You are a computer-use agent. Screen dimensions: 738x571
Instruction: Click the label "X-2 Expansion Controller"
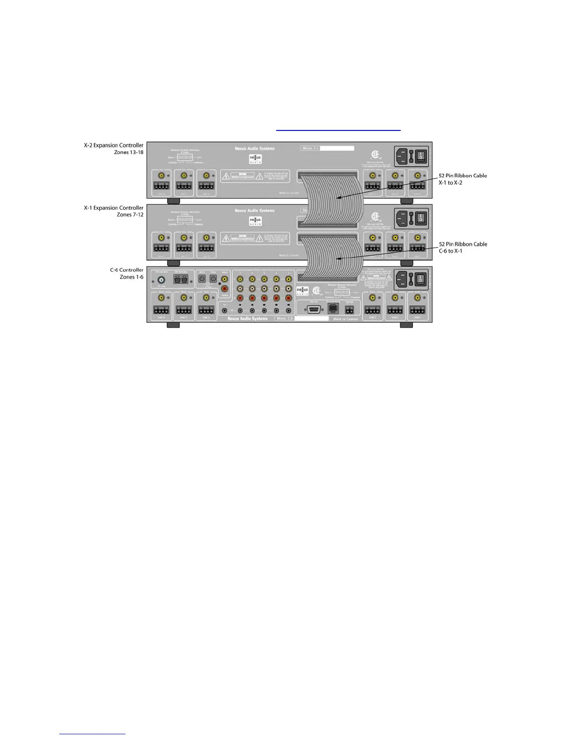click(113, 145)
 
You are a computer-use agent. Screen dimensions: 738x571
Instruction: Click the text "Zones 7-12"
click(130, 215)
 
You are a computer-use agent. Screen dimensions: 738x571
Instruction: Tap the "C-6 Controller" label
click(126, 270)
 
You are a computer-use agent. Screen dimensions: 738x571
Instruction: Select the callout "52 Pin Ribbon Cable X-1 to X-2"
click(462, 179)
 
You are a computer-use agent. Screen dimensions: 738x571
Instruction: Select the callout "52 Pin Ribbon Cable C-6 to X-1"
click(462, 247)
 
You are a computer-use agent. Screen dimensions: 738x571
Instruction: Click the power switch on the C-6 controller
click(421, 280)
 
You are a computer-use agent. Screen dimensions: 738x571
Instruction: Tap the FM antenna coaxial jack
click(161, 280)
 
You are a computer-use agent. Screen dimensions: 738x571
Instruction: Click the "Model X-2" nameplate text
click(311, 149)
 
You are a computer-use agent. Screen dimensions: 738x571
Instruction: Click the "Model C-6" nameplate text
click(285, 319)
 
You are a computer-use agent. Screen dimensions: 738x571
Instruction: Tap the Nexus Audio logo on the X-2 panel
click(255, 158)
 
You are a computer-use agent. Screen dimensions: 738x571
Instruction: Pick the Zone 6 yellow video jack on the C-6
click(161, 297)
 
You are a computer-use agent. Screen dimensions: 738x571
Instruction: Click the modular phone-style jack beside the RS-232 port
click(333, 309)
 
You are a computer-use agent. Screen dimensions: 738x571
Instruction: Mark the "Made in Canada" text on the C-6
click(345, 319)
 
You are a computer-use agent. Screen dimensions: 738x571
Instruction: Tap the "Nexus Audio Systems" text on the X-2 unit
click(255, 149)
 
